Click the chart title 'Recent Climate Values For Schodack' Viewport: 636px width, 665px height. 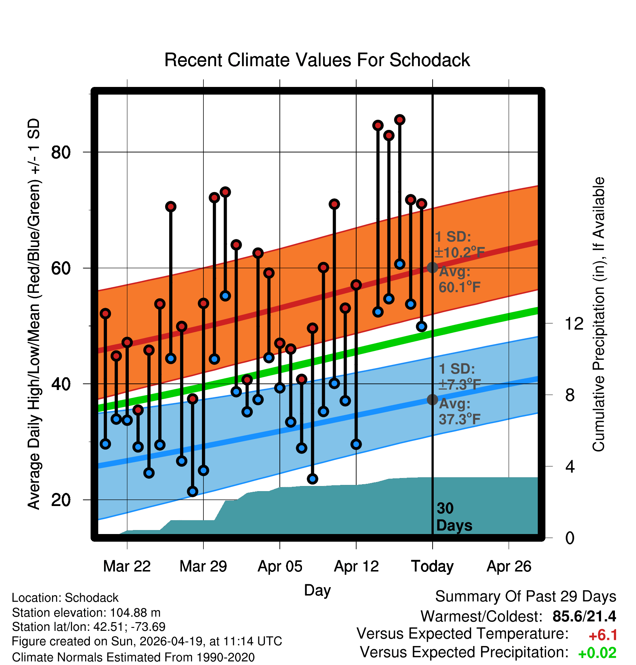coord(317,60)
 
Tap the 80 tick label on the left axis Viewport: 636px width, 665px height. coord(61,152)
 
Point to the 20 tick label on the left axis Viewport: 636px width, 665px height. coord(61,500)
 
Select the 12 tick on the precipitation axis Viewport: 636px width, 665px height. coord(574,323)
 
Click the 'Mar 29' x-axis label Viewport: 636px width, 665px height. coord(203,566)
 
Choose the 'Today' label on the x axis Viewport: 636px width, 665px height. coord(432,566)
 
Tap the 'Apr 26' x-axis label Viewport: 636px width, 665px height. coord(509,566)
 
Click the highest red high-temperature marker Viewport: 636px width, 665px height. coord(400,120)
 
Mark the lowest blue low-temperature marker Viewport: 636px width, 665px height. coord(192,491)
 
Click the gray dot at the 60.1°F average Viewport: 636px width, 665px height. coord(432,267)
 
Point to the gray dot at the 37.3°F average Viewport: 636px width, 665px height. coord(432,399)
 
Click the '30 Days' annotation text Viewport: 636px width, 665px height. coord(454,517)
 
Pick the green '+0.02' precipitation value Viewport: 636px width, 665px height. coord(597,653)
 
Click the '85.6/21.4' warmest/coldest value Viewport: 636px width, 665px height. coord(584,616)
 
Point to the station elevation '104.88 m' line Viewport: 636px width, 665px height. coord(86,613)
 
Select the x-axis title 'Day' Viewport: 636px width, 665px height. coord(317,590)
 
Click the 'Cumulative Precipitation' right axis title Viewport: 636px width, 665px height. coord(599,314)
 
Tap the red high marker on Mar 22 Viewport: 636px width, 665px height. coord(127,342)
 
